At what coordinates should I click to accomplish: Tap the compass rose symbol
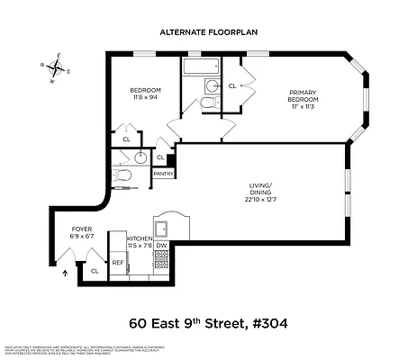(x=57, y=68)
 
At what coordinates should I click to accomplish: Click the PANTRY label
(x=163, y=173)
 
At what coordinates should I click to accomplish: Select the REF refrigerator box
(x=118, y=263)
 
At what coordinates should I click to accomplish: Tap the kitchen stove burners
(x=162, y=262)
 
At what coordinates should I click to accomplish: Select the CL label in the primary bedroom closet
(x=232, y=85)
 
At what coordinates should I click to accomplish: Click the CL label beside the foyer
(x=95, y=270)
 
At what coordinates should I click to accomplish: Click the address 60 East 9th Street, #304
(x=208, y=322)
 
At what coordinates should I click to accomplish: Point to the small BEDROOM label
(x=146, y=90)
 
